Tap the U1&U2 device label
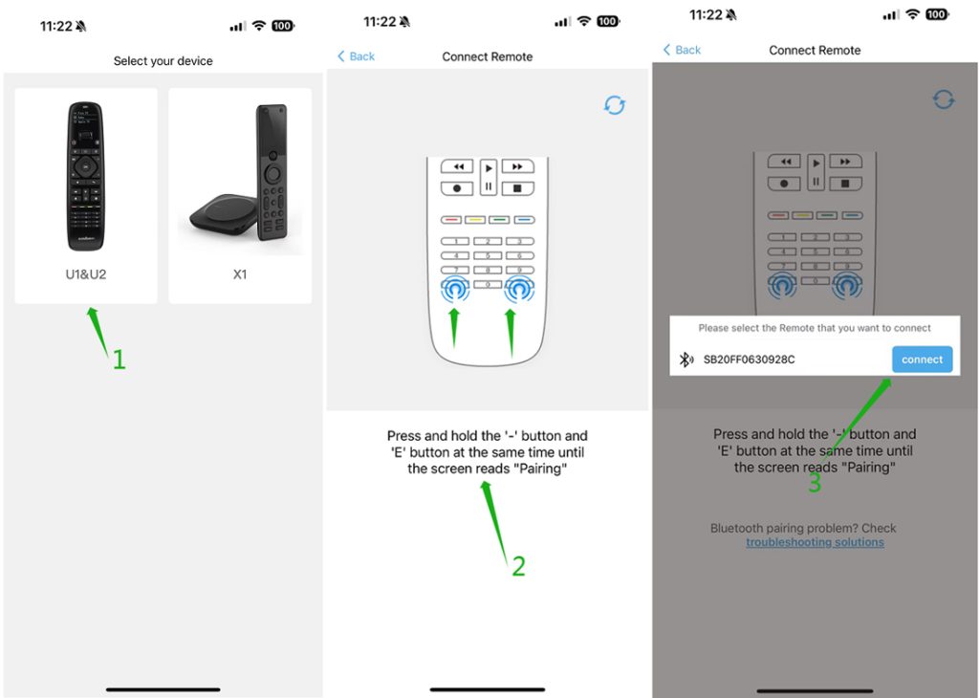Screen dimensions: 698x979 (86, 274)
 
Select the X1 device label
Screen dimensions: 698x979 (240, 274)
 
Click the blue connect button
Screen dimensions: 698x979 (922, 360)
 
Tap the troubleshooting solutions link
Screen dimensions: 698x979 (815, 542)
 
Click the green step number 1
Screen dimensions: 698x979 (120, 360)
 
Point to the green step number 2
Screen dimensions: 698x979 (518, 567)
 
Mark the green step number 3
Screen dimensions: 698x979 (815, 484)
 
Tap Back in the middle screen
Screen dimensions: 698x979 (356, 56)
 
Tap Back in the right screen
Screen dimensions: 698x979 (682, 50)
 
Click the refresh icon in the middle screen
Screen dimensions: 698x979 (615, 105)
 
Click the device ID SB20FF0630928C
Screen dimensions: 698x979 (749, 360)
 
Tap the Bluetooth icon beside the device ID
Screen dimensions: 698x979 (685, 360)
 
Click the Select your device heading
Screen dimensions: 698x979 (163, 61)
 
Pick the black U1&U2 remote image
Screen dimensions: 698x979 (85, 176)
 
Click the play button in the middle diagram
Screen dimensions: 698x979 (489, 167)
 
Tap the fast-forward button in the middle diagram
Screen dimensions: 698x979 (517, 166)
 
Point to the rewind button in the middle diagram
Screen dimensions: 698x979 (458, 166)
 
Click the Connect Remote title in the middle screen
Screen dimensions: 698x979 (488, 56)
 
